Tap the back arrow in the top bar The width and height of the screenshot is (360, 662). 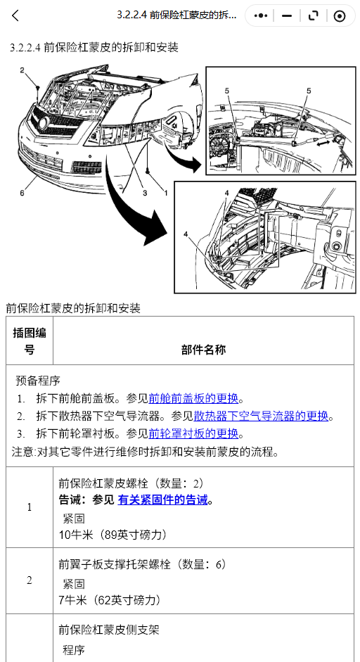point(15,16)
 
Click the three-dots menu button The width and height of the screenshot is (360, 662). point(261,16)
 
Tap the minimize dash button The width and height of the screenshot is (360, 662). point(287,16)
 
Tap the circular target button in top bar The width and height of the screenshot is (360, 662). point(340,16)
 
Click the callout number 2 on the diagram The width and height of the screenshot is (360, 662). point(22,70)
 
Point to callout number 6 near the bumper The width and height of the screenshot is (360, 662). point(22,193)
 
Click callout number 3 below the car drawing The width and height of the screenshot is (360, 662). point(145,193)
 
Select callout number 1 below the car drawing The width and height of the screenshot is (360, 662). point(166,193)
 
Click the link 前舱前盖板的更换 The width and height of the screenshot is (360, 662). point(193,398)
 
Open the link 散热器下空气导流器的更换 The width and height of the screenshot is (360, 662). point(261,416)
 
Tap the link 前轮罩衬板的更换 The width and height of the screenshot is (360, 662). point(193,433)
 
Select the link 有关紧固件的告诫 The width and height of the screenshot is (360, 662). point(162,500)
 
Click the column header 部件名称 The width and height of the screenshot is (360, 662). point(203,350)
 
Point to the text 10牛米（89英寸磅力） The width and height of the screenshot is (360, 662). point(112,535)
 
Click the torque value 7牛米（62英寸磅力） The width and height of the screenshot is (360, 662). point(110,600)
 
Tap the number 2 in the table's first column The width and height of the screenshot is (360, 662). point(30,580)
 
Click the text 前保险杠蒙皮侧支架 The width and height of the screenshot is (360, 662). point(109,630)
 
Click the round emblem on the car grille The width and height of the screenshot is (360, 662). point(43,124)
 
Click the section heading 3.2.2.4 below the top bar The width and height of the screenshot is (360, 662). point(94,47)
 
